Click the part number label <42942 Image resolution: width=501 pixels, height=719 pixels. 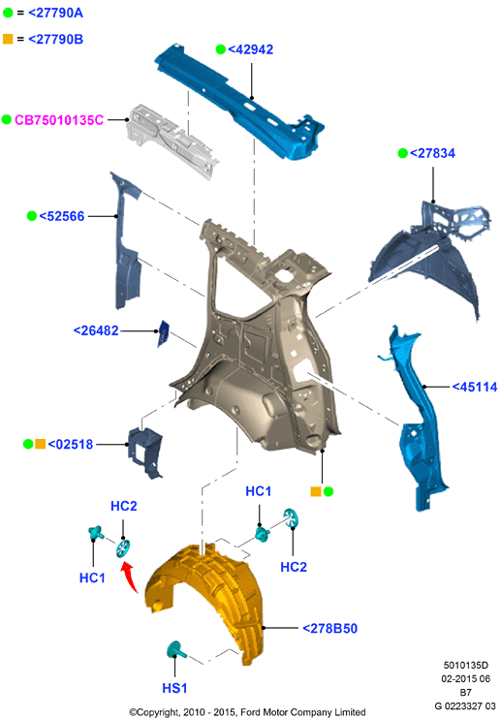coord(250,49)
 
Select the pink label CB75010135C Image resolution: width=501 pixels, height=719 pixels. coord(59,120)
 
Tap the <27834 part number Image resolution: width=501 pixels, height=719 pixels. coord(432,153)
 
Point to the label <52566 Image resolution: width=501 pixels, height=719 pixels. coord(61,216)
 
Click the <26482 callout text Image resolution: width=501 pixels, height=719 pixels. coord(96,330)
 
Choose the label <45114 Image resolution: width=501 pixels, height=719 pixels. coord(475,387)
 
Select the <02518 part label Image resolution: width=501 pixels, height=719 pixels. coord(70,445)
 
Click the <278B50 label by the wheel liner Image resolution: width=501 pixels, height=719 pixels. coord(329,628)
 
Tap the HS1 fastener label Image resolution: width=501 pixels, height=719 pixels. coord(174,688)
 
